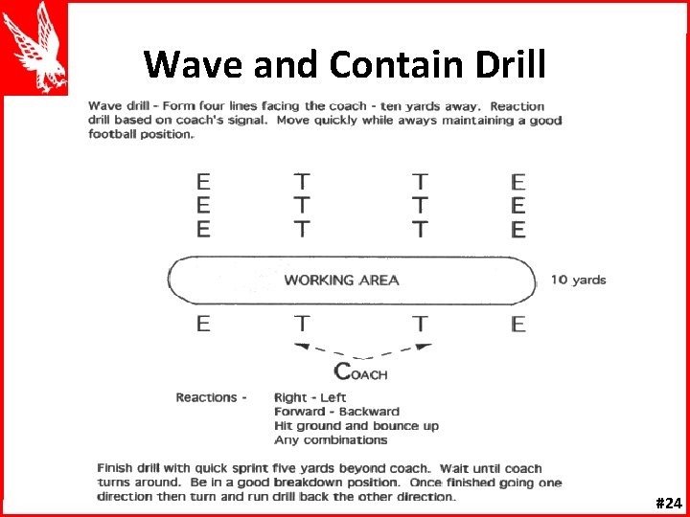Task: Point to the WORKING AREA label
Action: (x=341, y=280)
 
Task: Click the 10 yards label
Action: (x=578, y=280)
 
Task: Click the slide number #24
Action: (x=668, y=502)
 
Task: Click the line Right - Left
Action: (x=310, y=397)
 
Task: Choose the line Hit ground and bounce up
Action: (x=356, y=426)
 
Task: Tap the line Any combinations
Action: (x=331, y=440)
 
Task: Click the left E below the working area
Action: (x=203, y=324)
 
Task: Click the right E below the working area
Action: (x=518, y=324)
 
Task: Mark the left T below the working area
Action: (x=301, y=324)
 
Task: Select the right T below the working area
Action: (x=420, y=324)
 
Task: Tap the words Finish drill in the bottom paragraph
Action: (x=133, y=468)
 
